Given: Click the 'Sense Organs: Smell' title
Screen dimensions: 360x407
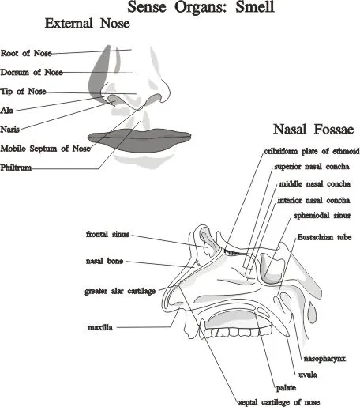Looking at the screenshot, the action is pos(201,7).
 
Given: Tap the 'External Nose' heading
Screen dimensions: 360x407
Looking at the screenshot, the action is pos(88,23).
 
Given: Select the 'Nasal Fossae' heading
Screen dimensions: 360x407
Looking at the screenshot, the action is pos(313,130).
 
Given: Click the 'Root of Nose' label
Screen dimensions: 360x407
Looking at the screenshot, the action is pos(26,53).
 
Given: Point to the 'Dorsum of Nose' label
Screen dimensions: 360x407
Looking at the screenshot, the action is pos(32,72).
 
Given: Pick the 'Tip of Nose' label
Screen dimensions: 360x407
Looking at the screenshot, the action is pos(24,92).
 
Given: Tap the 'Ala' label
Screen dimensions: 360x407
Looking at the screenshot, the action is pos(7,110).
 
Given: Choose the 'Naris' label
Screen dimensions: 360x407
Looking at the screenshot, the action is pos(10,130).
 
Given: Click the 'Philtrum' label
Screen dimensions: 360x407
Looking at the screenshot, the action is pos(16,168).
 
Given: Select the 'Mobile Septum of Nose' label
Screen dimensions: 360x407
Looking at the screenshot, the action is pos(46,149).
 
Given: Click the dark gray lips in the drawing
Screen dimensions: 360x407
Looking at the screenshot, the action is pos(140,140).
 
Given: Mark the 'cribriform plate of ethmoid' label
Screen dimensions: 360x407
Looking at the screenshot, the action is pos(312,151).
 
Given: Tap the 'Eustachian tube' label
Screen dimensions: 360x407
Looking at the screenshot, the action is pos(324,237).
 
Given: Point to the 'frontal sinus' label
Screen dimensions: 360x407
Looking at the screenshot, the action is pos(107,234).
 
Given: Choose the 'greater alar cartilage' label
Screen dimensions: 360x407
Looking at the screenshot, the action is pos(120,291).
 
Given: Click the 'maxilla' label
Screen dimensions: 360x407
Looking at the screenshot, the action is pos(100,327).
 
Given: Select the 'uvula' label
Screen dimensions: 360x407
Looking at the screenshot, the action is pos(308,375).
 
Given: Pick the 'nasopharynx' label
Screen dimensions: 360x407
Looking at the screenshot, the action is pos(324,359).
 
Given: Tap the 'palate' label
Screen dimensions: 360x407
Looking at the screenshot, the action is pos(286,388).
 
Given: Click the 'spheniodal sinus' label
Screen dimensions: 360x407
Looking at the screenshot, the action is pos(322,216).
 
